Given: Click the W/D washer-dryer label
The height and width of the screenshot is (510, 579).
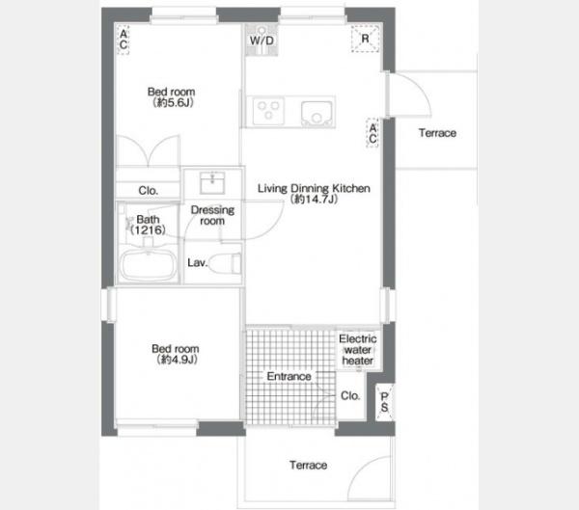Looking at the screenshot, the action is [x=262, y=40].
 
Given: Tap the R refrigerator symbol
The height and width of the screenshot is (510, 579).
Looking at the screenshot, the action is [x=365, y=39].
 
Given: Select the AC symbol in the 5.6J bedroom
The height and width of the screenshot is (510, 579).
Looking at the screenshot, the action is [x=124, y=40].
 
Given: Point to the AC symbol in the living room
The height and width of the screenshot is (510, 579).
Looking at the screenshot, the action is [x=372, y=133].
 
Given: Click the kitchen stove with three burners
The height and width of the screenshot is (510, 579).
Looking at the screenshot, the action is [x=268, y=110].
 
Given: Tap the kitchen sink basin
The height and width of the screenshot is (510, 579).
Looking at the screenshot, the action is [x=317, y=114].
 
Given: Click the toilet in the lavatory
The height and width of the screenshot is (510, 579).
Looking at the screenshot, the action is [x=225, y=263].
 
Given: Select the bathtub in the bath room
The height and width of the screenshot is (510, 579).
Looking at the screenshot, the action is [x=149, y=265].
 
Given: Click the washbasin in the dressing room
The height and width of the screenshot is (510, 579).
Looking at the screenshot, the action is [x=212, y=182].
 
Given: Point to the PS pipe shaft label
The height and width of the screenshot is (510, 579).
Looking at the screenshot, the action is [x=384, y=402].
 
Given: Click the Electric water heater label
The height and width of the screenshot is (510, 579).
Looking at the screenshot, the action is [x=357, y=349].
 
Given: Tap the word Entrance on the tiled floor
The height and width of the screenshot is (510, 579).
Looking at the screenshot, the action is [x=289, y=376].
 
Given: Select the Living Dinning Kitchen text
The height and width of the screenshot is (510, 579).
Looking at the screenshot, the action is [x=314, y=188].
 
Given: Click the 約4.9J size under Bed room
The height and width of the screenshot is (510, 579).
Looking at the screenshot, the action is [x=178, y=359].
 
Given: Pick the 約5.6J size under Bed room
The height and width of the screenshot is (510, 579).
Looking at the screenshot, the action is [x=173, y=102].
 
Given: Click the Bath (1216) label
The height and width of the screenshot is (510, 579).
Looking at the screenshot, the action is [x=148, y=225].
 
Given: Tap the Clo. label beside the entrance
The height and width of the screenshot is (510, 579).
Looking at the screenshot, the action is [x=350, y=396].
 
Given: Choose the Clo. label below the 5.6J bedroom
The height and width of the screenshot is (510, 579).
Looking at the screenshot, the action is [x=148, y=191].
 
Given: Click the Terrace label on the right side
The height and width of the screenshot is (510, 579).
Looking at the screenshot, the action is [x=437, y=133].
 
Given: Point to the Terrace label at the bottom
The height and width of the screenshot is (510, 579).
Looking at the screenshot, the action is [x=309, y=465].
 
